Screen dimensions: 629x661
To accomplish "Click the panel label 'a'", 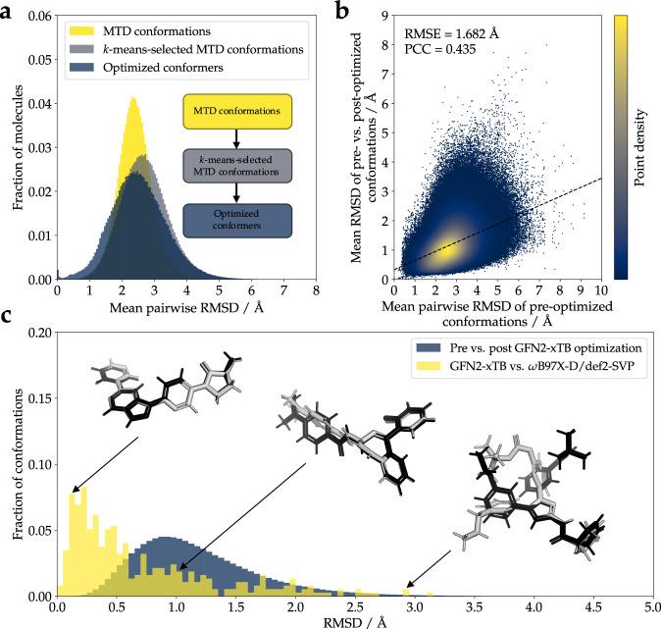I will tap(10, 9).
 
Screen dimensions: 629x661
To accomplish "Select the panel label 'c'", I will tap(9, 316).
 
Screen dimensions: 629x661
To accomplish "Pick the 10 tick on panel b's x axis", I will tap(598, 291).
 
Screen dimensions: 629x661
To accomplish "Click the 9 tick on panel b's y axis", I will tap(382, 14).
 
